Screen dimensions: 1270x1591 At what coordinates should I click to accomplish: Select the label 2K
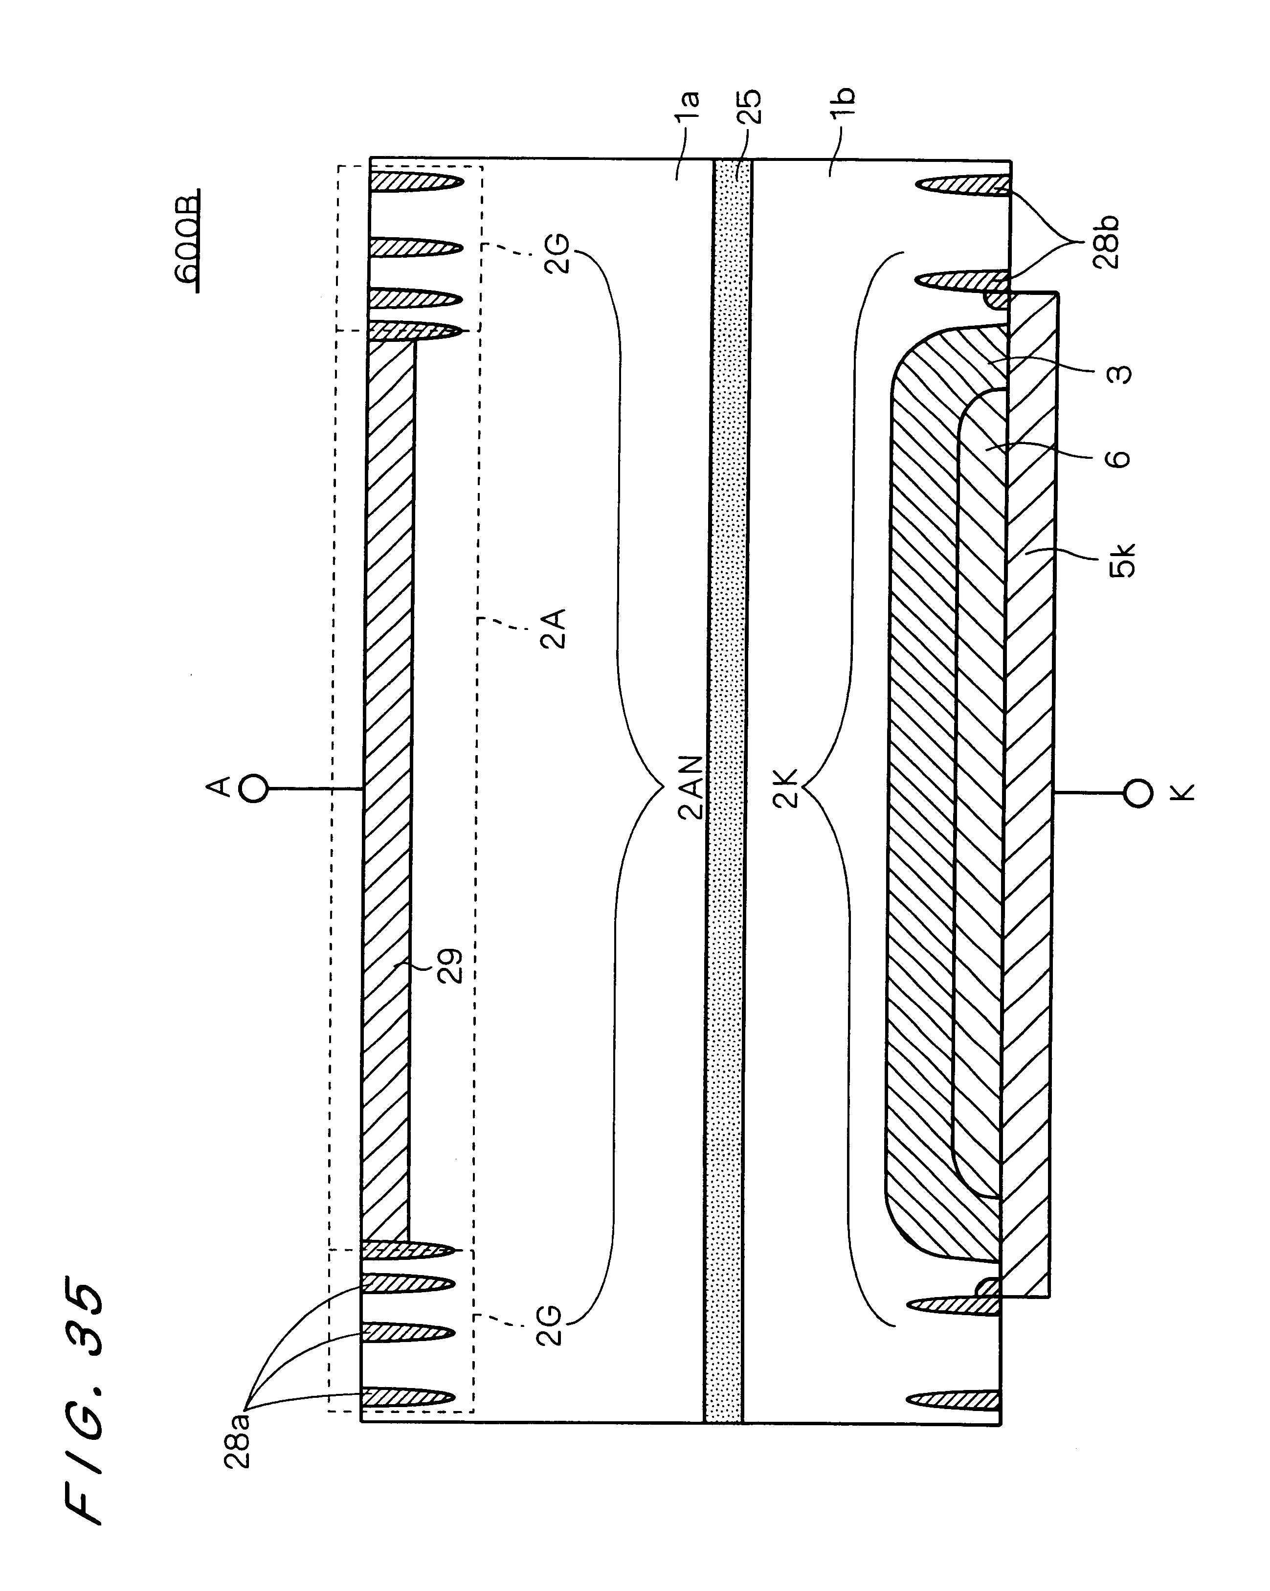tap(787, 788)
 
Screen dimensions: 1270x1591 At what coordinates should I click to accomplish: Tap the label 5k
tap(1124, 560)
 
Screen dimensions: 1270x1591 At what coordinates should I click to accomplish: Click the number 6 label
tap(1120, 459)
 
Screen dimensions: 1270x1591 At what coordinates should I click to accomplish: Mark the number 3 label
tap(1120, 374)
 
